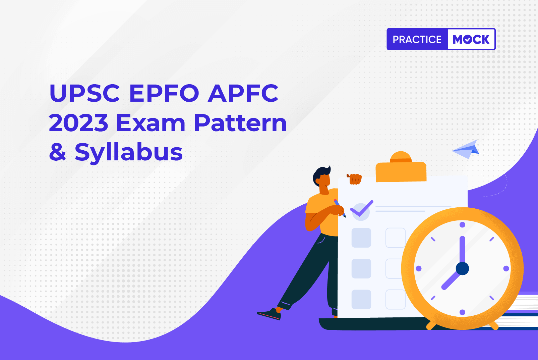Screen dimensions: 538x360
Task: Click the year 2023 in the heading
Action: pos(78,123)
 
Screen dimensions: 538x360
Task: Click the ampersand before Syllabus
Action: pos(57,152)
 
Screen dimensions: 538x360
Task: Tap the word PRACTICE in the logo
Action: pos(417,39)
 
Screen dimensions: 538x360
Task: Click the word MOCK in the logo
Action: pos(471,39)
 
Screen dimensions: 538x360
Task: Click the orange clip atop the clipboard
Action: pos(401,167)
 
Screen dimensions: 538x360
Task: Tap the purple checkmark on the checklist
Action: pos(362,209)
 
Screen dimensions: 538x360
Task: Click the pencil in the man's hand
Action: pos(340,208)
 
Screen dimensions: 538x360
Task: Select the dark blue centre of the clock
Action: pos(462,268)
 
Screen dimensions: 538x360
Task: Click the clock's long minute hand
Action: pos(462,250)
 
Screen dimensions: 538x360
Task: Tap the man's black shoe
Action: pos(269,314)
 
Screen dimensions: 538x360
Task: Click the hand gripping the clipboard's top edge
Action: pos(354,179)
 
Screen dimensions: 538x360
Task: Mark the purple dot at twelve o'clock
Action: pos(462,225)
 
